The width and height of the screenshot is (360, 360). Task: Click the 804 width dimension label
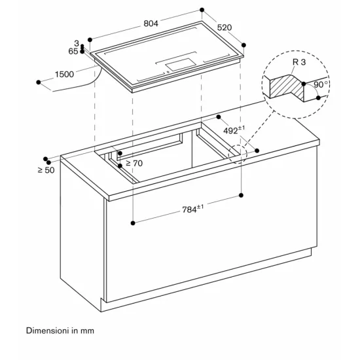coord(151,22)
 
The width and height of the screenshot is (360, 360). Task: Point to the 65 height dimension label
coord(73,50)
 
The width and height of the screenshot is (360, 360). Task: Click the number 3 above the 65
coord(76,43)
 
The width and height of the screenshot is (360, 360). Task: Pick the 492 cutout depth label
coord(231,130)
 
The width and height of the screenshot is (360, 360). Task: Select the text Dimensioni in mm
coord(60,331)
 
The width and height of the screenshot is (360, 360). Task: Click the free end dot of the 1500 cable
coord(40,82)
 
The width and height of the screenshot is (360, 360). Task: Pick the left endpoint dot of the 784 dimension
coord(133,223)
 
